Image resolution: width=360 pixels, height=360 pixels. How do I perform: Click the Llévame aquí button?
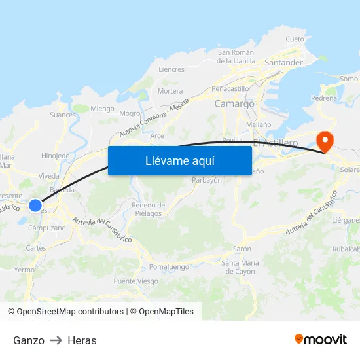point(179,160)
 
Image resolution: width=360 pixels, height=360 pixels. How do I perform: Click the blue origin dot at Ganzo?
point(36,205)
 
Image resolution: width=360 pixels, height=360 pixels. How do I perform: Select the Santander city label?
point(283,63)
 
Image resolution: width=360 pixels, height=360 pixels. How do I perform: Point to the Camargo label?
point(234,103)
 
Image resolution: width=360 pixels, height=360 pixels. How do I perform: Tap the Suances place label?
point(63,115)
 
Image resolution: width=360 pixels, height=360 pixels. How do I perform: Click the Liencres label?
point(171,69)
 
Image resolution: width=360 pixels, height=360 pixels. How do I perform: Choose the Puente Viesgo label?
point(135,281)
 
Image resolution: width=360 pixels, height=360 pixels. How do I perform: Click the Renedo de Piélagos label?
point(148,209)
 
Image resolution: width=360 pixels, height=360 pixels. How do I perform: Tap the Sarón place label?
point(242,249)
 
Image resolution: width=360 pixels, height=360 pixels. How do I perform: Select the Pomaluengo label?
point(169,267)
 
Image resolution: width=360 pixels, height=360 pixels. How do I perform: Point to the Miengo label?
point(102,109)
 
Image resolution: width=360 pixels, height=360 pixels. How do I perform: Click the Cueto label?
point(295,39)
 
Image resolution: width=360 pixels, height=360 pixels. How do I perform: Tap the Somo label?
point(349,79)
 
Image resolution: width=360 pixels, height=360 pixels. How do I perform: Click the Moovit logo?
point(321,340)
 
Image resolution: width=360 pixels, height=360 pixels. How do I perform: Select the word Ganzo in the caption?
point(29,340)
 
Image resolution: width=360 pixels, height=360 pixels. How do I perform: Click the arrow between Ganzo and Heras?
point(56,340)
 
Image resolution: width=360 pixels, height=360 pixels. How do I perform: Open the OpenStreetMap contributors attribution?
point(70,312)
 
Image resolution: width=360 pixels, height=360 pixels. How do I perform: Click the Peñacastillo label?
point(230,88)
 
